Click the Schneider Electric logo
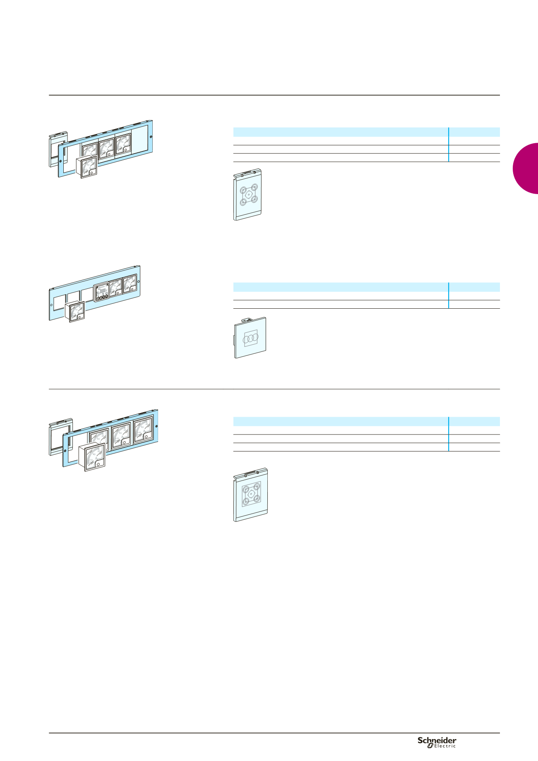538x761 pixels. pos(437,742)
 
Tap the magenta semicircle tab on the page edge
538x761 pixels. pos(526,168)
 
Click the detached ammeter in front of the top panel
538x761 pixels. pos(87,168)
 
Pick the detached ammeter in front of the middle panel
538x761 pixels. pos(75,312)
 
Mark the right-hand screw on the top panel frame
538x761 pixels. pos(150,137)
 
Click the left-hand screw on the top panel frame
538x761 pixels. pos(61,161)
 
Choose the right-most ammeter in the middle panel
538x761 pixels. pos(130,283)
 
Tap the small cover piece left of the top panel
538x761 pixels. pos(57,150)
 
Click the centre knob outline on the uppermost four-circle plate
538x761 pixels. pos(248,194)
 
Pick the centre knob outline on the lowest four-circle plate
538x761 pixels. pos(251,494)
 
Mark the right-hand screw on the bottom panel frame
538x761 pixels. pos(156,426)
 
